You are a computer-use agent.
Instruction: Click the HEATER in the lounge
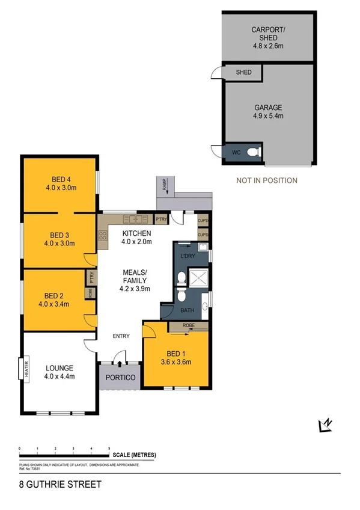click(x=28, y=368)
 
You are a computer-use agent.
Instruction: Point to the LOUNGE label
click(x=59, y=368)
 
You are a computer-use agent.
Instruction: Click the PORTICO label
click(x=120, y=378)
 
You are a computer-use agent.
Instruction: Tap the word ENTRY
click(x=121, y=336)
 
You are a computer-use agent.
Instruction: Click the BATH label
click(x=186, y=310)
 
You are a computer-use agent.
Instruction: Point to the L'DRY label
click(x=189, y=257)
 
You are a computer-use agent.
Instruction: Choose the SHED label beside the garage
click(x=243, y=73)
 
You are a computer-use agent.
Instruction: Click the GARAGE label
click(x=267, y=108)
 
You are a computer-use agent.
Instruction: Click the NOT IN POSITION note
click(x=266, y=180)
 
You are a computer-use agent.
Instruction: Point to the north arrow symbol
click(x=325, y=425)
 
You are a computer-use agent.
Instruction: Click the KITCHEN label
click(x=137, y=233)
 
